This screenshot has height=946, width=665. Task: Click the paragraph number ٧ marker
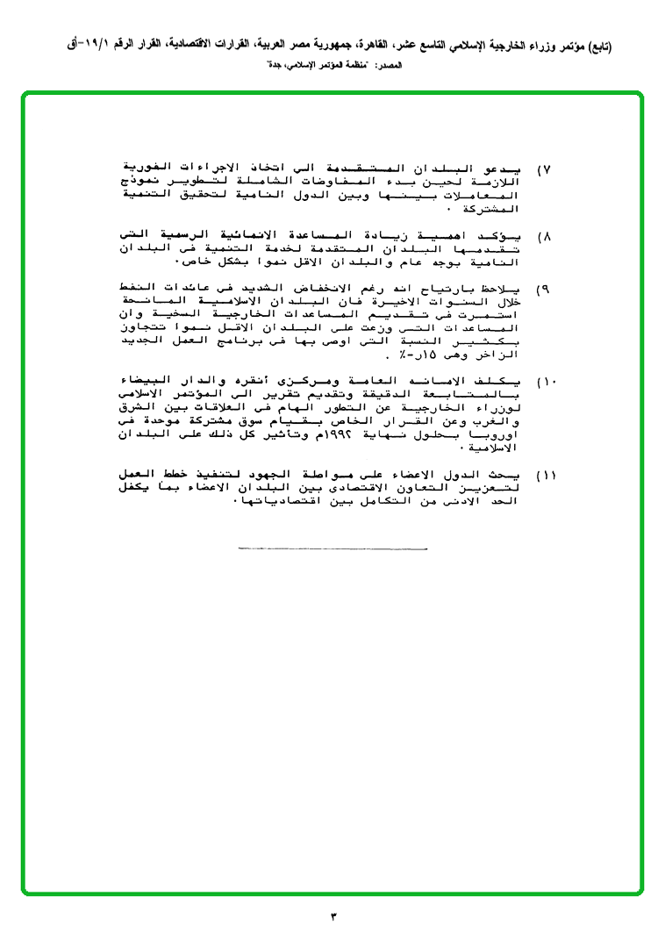[544, 168]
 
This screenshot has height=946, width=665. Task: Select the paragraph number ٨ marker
[544, 237]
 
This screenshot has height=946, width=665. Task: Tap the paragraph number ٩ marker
[544, 289]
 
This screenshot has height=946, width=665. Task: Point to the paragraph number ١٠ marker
[547, 382]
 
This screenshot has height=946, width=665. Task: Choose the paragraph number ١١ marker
[547, 475]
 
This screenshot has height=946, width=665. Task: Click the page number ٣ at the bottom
[332, 917]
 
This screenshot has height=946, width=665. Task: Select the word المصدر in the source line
[386, 66]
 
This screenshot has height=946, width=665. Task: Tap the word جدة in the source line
[274, 66]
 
